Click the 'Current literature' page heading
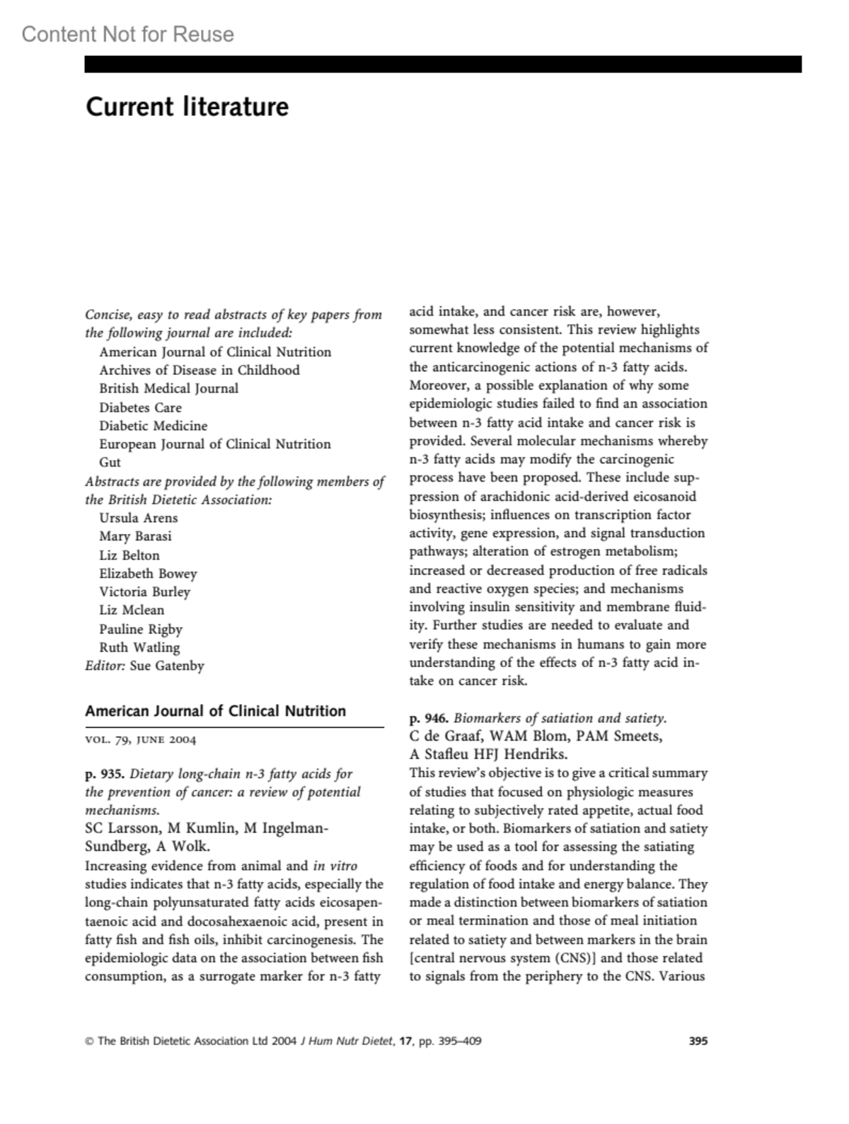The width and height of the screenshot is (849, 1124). [187, 107]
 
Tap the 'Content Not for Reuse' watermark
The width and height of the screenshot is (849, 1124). [127, 34]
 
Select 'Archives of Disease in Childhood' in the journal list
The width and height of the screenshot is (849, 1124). [199, 370]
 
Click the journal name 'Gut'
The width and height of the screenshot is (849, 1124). [110, 463]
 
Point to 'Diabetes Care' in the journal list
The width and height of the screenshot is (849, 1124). [140, 407]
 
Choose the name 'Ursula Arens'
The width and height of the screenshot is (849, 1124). [138, 518]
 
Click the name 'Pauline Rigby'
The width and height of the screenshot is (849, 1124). [140, 629]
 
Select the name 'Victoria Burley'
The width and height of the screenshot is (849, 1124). [144, 592]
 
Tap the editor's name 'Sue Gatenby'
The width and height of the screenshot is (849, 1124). [167, 666]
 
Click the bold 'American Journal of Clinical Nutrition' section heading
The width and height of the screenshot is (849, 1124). [215, 712]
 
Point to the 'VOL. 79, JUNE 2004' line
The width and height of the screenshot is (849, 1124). [140, 740]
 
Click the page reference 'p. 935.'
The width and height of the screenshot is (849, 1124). [105, 773]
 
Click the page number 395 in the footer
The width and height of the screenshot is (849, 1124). [698, 1041]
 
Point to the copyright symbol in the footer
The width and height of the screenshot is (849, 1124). [89, 1041]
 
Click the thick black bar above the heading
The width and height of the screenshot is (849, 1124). [443, 64]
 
